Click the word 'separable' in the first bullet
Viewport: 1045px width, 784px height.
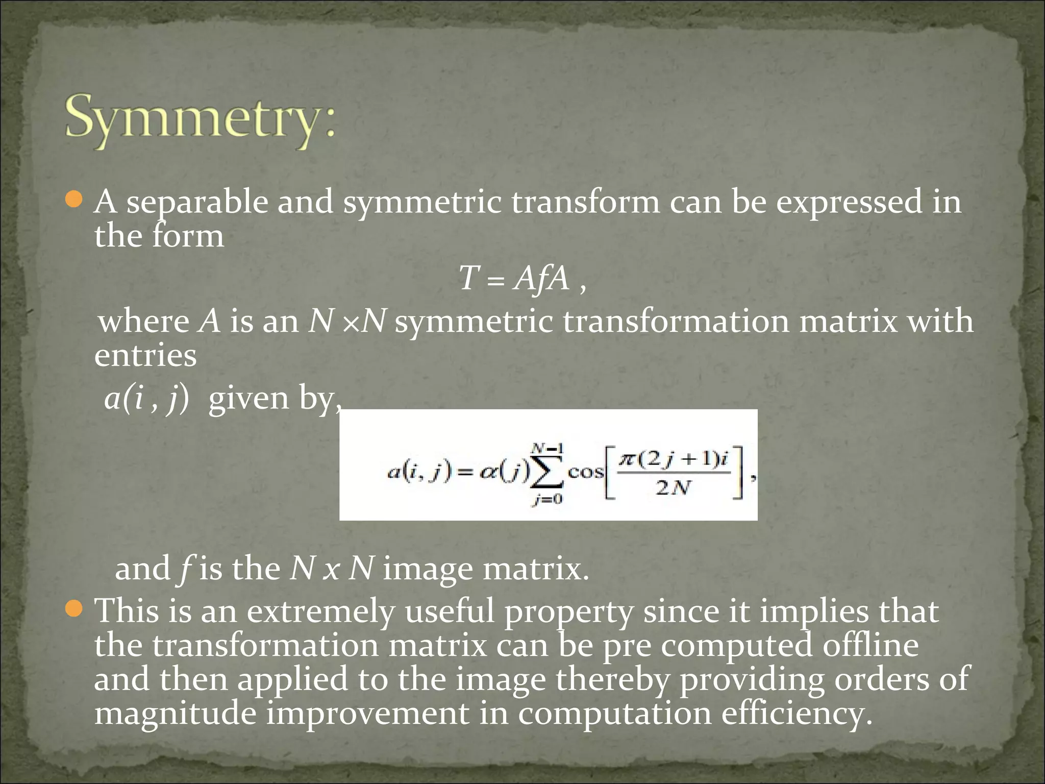click(197, 203)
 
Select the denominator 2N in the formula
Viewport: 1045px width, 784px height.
click(673, 488)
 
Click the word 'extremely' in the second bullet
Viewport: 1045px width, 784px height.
click(321, 611)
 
